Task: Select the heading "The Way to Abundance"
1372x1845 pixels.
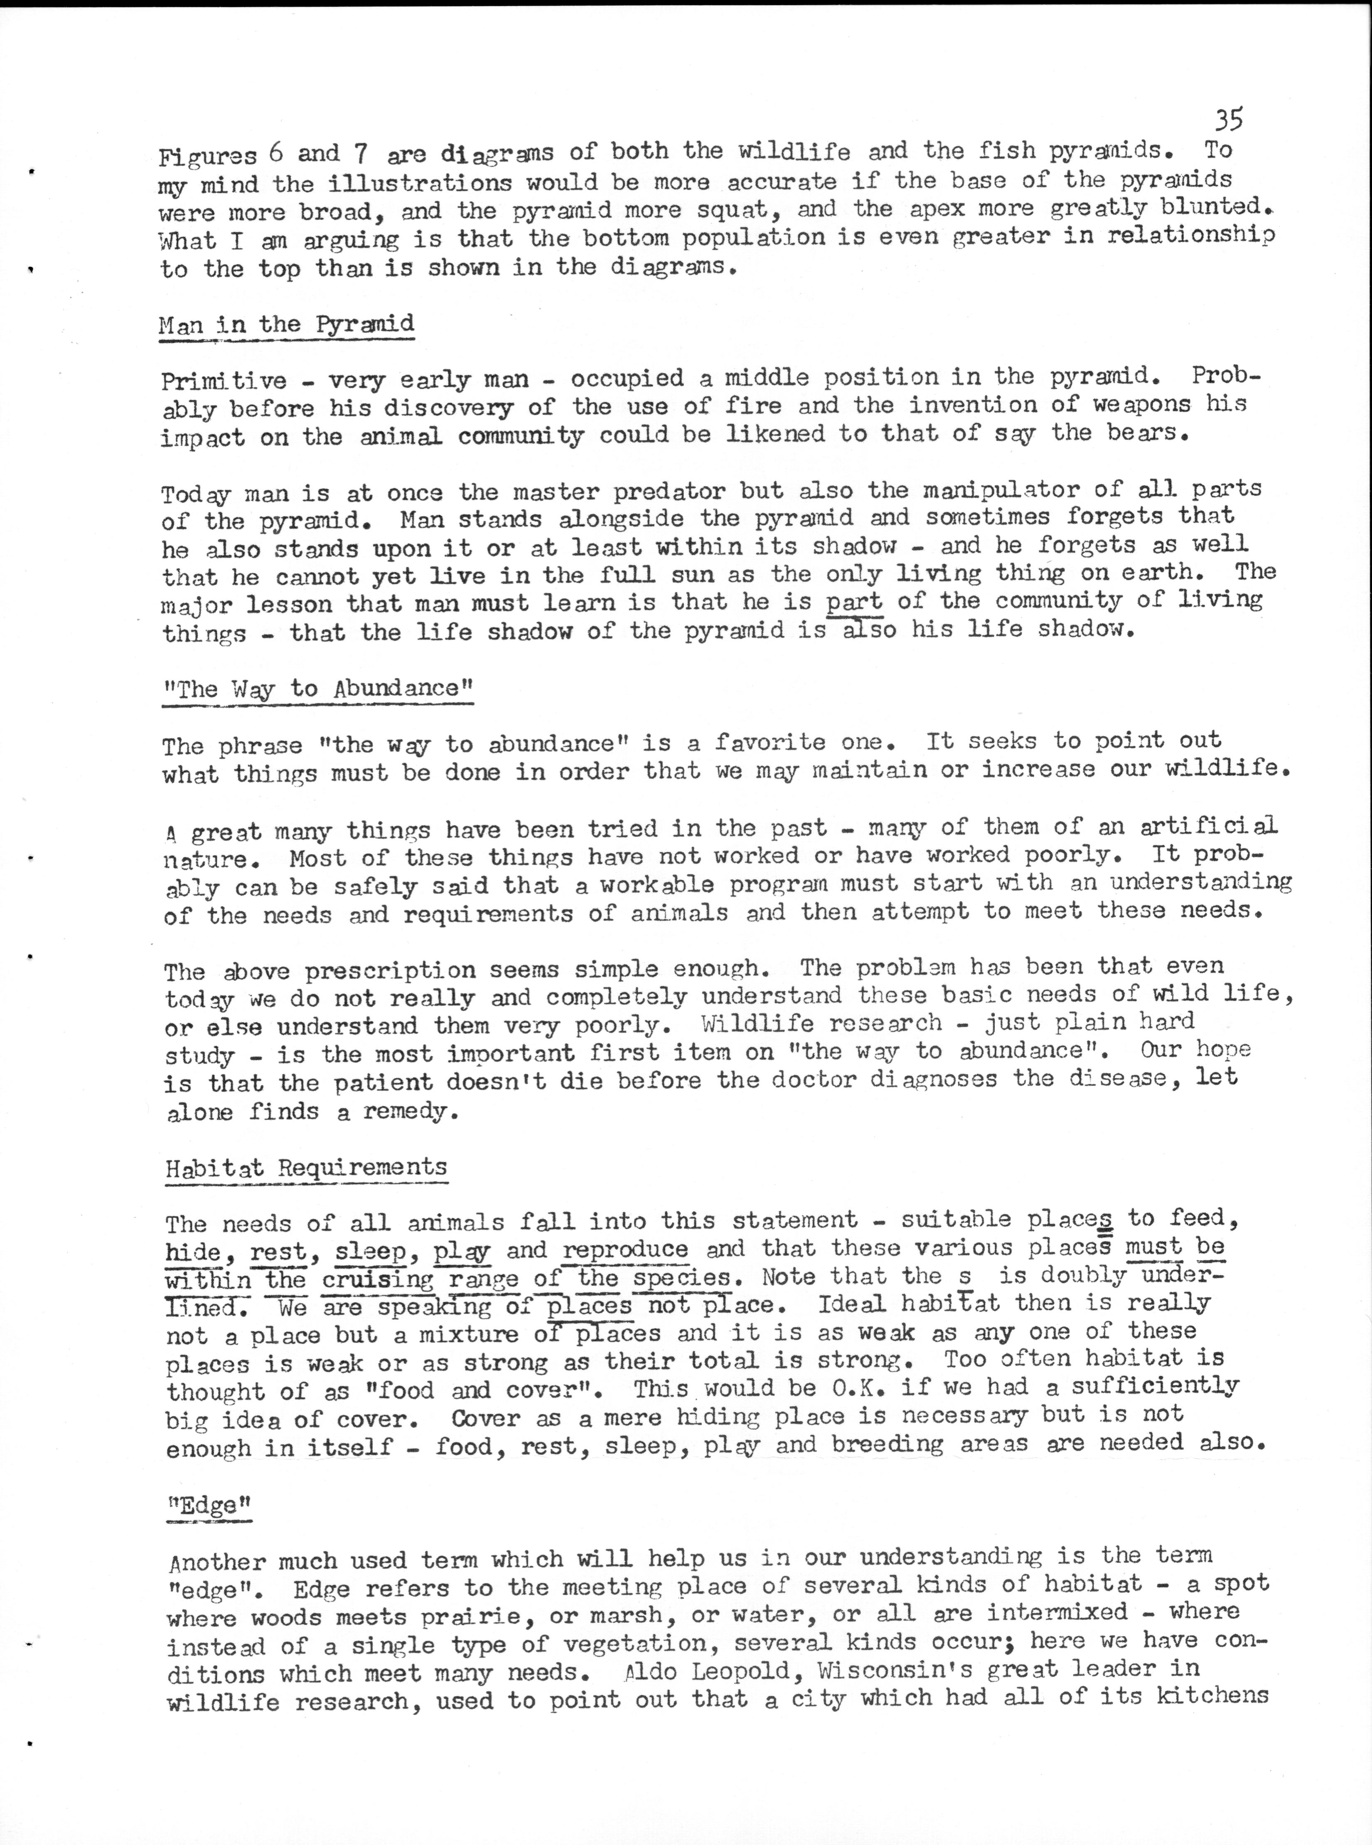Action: [317, 689]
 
